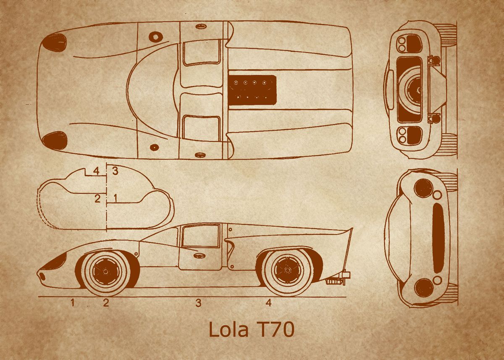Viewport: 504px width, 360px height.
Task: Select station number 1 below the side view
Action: tap(73, 302)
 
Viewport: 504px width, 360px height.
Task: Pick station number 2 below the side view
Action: tap(106, 302)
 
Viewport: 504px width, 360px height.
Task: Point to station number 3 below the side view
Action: tap(198, 302)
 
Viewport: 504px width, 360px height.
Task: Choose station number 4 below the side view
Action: tap(268, 302)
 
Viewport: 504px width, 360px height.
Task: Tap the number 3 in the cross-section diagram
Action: tap(115, 171)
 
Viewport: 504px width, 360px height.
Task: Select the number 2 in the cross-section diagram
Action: tap(97, 198)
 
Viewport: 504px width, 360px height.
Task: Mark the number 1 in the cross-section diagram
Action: tap(115, 197)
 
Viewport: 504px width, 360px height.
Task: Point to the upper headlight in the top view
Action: tap(55, 42)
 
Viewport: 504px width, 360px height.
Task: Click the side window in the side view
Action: tap(200, 235)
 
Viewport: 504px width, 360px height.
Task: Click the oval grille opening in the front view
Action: tap(438, 237)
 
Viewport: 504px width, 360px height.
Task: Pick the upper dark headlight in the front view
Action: tap(423, 187)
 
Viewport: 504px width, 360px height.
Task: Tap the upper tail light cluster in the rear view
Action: tap(409, 43)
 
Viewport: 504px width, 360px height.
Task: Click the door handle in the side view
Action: tap(199, 255)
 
